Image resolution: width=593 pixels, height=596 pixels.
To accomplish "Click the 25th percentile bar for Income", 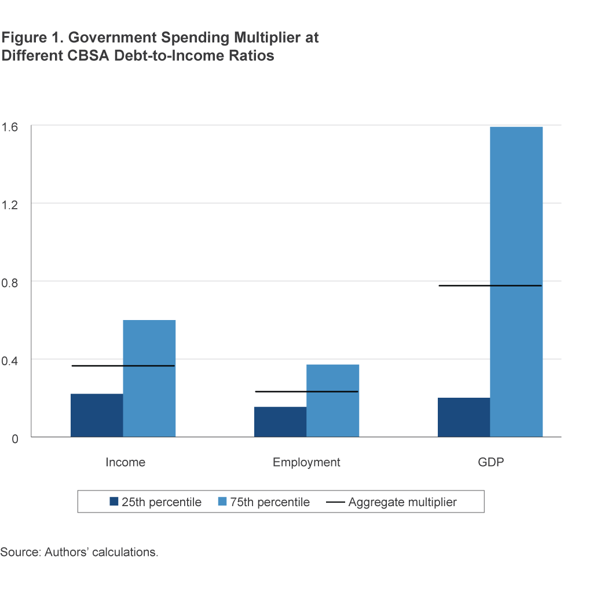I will tap(97, 415).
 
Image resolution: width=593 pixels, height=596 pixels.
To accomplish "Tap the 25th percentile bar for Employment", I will tap(280, 421).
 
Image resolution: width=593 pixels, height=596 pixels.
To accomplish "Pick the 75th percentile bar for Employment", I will tap(332, 401).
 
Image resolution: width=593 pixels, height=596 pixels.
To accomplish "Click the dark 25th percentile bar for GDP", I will tap(464, 417).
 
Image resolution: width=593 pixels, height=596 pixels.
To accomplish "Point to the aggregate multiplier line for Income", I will tap(123, 366).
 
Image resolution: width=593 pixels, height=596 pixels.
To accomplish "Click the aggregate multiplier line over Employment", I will tap(306, 392).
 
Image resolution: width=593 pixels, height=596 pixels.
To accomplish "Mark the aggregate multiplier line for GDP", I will tap(490, 286).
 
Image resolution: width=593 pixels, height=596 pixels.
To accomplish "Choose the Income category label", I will tap(125, 463).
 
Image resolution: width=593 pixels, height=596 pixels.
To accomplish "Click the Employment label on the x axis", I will tap(306, 463).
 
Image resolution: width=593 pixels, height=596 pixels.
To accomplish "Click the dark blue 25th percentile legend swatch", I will tap(114, 501).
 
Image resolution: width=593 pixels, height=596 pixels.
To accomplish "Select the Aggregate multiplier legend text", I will tap(402, 502).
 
